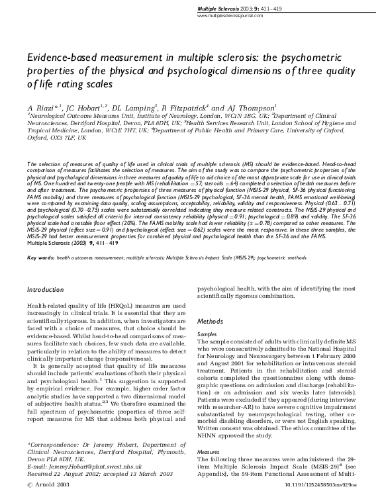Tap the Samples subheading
(208, 336)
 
